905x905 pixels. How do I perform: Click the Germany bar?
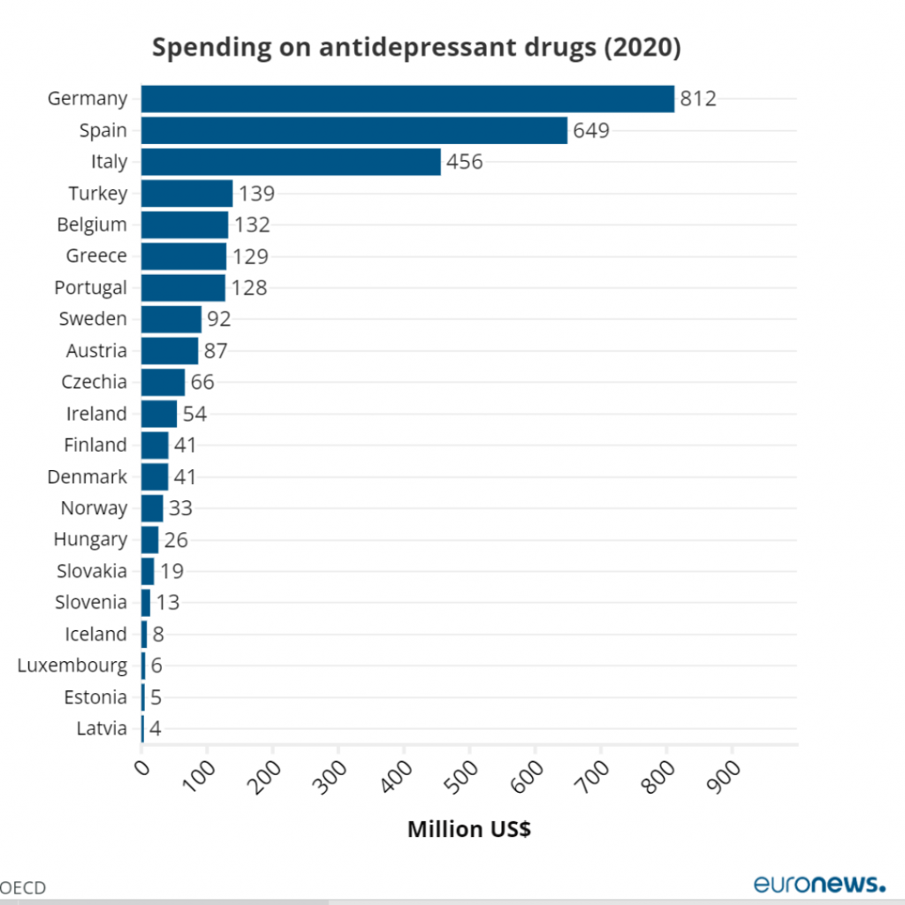tap(407, 99)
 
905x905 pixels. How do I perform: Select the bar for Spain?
tap(354, 131)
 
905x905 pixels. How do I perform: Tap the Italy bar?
tap(291, 162)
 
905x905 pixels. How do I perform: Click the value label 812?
tap(697, 99)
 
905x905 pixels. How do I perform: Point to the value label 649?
tap(591, 131)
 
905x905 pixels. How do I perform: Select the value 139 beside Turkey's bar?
tap(256, 194)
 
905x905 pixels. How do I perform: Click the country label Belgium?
tap(92, 224)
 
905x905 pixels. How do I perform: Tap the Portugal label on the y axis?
tap(90, 287)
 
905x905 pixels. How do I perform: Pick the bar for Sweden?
tap(171, 319)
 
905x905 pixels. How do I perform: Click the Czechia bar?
tap(163, 382)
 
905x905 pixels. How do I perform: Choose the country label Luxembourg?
tap(72, 665)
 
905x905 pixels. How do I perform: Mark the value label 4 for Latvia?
tap(155, 729)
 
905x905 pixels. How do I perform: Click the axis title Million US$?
tap(468, 830)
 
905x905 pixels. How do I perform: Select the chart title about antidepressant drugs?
tap(416, 48)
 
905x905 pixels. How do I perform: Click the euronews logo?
tap(818, 883)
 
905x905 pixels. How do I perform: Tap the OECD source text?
tap(23, 887)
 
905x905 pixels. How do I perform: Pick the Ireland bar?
tap(159, 414)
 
